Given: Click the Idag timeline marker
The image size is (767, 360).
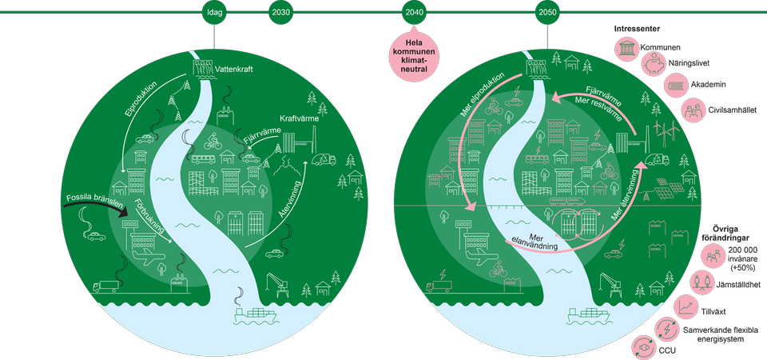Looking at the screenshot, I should pos(214,13).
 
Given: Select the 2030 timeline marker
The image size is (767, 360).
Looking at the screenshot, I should pos(281,13).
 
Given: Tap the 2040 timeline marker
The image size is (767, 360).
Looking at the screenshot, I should pos(414,13).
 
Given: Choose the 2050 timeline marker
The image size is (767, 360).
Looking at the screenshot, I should pos(547,13).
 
